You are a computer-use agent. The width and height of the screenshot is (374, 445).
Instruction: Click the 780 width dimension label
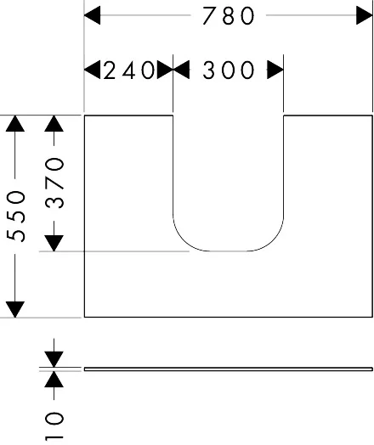click(229, 15)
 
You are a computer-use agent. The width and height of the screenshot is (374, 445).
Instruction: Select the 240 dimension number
click(129, 70)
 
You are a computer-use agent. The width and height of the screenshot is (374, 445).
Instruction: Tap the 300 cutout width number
click(229, 70)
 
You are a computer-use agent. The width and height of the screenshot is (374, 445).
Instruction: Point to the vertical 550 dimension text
click(16, 217)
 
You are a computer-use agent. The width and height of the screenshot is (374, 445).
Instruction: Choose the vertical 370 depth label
click(54, 183)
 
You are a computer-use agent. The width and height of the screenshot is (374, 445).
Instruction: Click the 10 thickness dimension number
click(54, 425)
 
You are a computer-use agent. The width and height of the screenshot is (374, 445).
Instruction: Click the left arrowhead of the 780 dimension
click(93, 15)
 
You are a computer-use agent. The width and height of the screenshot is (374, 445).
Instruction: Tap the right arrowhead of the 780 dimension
click(365, 15)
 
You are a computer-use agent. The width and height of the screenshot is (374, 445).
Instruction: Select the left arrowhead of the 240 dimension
click(93, 70)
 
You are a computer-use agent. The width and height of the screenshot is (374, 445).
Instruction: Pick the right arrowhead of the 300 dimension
click(275, 70)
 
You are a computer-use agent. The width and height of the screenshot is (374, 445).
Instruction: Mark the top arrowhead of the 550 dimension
click(15, 124)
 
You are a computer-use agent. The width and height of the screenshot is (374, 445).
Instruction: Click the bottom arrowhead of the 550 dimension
click(15, 309)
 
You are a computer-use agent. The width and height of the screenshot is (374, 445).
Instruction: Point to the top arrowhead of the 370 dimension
click(54, 124)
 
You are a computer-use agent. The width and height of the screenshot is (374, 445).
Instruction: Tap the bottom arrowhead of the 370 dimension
click(54, 243)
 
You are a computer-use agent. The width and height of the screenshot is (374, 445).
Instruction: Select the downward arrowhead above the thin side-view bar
click(54, 359)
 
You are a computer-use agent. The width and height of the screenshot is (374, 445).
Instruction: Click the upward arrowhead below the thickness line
click(54, 379)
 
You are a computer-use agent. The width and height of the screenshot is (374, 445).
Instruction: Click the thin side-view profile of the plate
click(229, 369)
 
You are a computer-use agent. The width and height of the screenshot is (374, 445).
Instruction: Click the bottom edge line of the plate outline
click(229, 317)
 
